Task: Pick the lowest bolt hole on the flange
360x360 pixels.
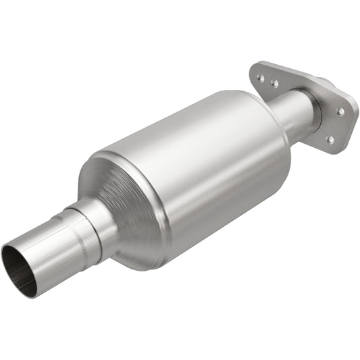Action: [330, 140]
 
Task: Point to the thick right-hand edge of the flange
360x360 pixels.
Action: [347, 122]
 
